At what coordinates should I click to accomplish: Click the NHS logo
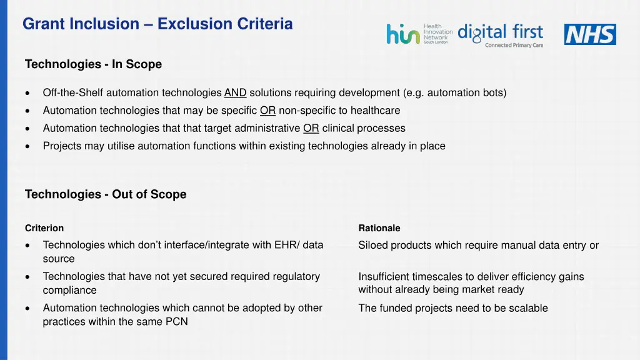[x=589, y=34]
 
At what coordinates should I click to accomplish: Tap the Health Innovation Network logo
[x=419, y=34]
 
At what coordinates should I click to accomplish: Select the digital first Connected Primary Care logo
[x=501, y=35]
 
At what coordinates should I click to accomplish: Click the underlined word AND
[x=235, y=93]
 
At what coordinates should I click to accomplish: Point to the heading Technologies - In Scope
[x=93, y=64]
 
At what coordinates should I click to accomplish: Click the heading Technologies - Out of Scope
[x=106, y=194]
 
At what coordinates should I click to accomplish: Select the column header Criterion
[x=44, y=228]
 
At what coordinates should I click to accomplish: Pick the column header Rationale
[x=379, y=228]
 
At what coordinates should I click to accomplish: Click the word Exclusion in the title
[x=194, y=24]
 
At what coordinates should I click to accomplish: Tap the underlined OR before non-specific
[x=268, y=111]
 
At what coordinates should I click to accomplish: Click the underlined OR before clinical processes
[x=311, y=128]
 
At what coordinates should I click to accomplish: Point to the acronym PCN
[x=176, y=322]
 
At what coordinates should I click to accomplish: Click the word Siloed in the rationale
[x=373, y=246]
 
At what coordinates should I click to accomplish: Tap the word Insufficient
[x=383, y=277]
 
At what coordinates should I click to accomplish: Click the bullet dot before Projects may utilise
[x=28, y=146]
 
